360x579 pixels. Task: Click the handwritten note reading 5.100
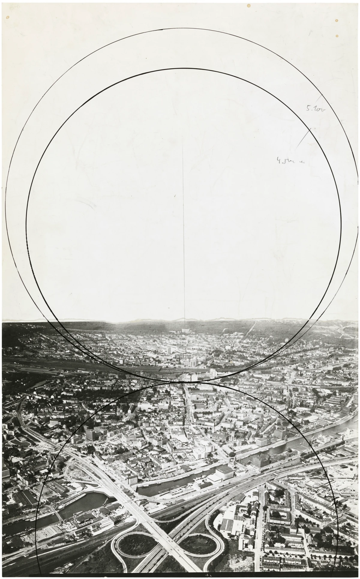coord(315,109)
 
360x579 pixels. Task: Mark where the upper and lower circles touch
coord(184,382)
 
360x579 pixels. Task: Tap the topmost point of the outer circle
coord(180,29)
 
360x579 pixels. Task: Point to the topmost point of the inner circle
coord(184,69)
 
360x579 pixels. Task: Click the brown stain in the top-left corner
coord(8,17)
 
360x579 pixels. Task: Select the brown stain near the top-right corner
coord(337,20)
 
